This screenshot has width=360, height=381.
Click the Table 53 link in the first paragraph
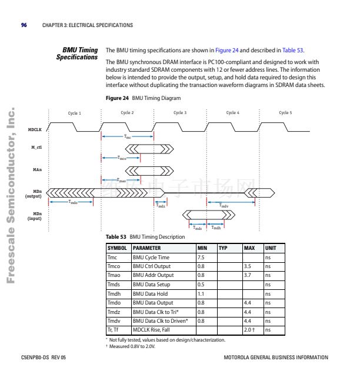(x=293, y=51)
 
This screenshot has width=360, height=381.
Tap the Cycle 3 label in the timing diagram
(x=179, y=112)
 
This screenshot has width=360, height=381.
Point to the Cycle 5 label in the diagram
(x=285, y=112)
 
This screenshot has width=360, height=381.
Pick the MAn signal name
(x=36, y=170)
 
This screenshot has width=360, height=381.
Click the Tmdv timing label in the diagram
(x=224, y=206)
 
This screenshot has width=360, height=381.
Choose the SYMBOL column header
(x=117, y=248)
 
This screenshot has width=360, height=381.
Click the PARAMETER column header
(x=146, y=248)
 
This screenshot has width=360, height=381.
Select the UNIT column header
(x=271, y=248)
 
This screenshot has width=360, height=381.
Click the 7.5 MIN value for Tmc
(x=201, y=258)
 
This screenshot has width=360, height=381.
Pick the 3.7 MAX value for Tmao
(x=248, y=275)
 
